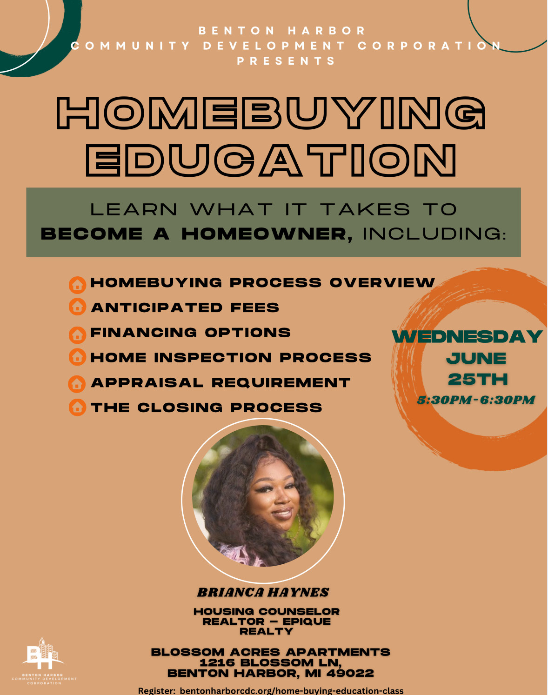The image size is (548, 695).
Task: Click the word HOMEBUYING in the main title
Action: pos(271,113)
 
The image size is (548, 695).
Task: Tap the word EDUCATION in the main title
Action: pos(271,160)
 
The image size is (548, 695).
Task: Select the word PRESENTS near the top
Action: pos(286,61)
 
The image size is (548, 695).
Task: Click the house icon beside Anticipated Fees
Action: pos(77,307)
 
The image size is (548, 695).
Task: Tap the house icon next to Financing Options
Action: pos(77,335)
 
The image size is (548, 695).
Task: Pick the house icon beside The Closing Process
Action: pos(77,407)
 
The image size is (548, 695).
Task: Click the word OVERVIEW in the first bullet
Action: pos(382,282)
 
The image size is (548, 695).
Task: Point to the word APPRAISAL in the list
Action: pos(147,383)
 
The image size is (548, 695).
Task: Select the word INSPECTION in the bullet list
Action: pos(213,358)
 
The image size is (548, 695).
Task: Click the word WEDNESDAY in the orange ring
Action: pos(467,337)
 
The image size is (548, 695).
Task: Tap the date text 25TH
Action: pos(478,379)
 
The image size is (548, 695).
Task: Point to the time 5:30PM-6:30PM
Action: pos(476,400)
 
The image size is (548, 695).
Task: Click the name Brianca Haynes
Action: pos(263,592)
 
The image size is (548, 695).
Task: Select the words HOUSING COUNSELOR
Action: pos(267,611)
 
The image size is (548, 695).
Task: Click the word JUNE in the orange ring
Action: pos(476,358)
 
